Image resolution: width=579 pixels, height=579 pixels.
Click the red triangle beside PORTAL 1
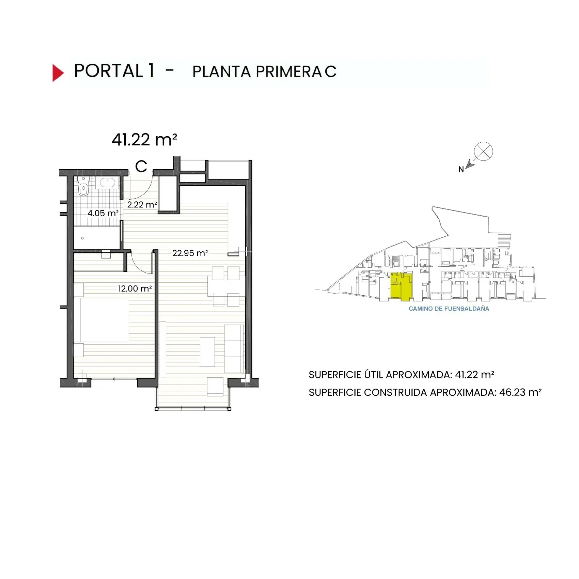pos(58,73)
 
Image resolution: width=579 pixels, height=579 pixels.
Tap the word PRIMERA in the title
pos(288,72)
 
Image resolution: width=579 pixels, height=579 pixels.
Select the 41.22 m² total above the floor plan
pos(144,140)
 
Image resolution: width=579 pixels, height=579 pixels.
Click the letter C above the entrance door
pos(141,167)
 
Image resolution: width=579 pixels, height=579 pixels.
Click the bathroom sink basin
pos(107,183)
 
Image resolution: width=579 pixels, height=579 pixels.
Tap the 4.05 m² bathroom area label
pos(103,213)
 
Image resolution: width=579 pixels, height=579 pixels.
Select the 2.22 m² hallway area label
pos(142,205)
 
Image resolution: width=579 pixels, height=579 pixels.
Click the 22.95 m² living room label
pos(190,253)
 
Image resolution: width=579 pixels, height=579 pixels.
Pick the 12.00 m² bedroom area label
pos(135,289)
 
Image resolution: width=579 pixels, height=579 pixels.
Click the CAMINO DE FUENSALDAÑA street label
pos(449,309)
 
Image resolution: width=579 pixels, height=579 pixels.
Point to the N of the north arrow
pos(461,169)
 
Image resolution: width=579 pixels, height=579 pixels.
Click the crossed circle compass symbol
pos(483,151)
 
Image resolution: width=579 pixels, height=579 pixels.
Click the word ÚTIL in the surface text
pos(374,375)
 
